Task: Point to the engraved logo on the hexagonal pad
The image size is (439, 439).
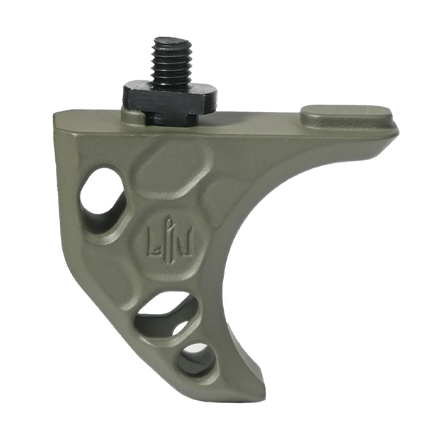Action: pyautogui.click(x=169, y=241)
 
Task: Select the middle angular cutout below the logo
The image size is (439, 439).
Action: pyautogui.click(x=165, y=315)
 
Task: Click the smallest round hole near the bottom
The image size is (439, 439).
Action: pyautogui.click(x=197, y=359)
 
